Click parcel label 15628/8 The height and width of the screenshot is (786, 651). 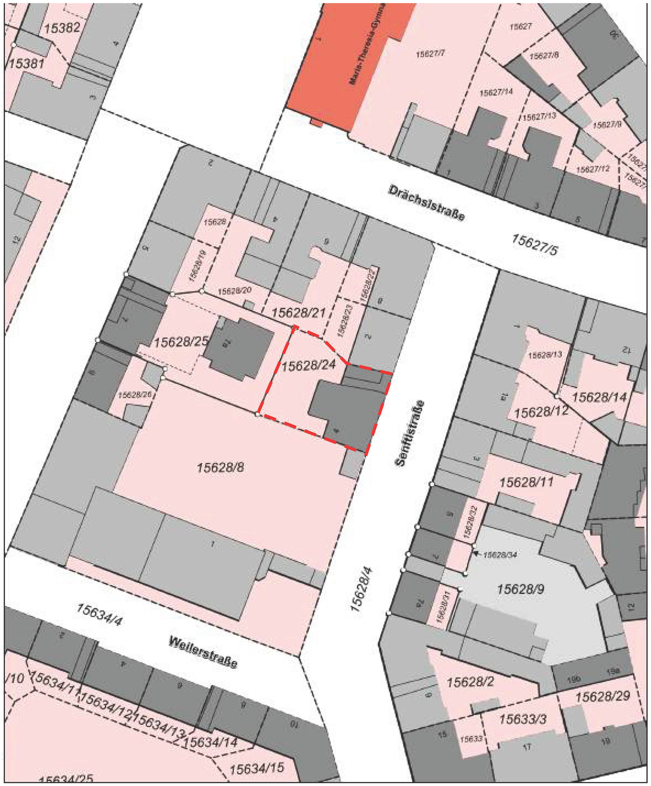pos(220,467)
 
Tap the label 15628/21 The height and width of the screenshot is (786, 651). pos(298,313)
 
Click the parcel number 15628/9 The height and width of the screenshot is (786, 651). pos(520,589)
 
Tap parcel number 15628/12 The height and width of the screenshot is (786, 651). pos(541,412)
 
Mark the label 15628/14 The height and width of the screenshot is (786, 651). pos(599,397)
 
